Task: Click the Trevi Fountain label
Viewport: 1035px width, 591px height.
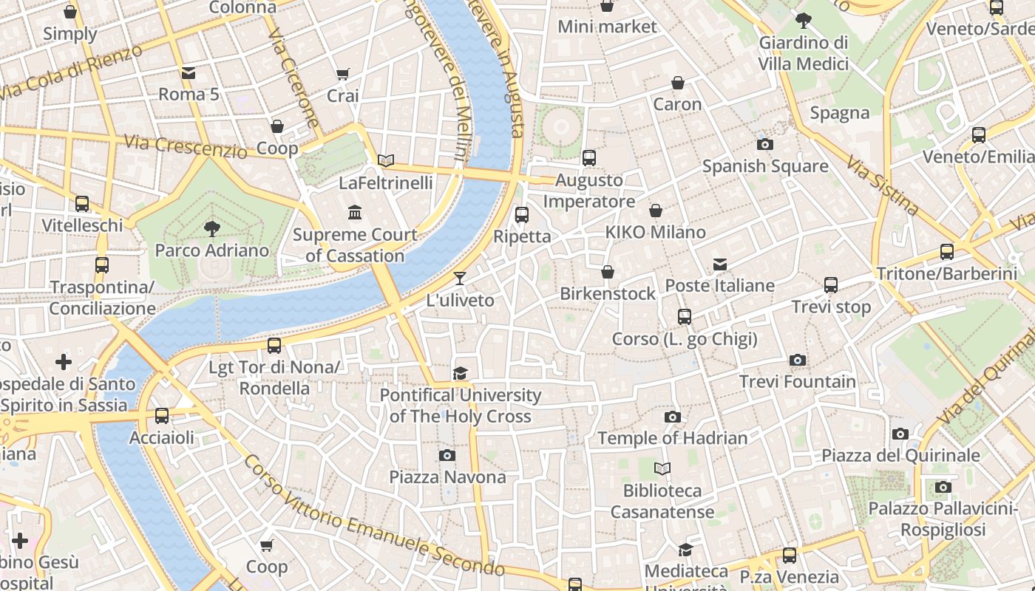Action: pyautogui.click(x=798, y=382)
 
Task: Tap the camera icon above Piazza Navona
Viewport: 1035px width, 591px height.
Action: pyautogui.click(x=447, y=455)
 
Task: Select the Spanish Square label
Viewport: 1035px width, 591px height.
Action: pyautogui.click(x=765, y=166)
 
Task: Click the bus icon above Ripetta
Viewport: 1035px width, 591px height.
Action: pyautogui.click(x=522, y=215)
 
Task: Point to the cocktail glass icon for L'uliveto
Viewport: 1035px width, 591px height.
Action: pyautogui.click(x=460, y=279)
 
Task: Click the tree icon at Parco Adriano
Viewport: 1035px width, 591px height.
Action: pyautogui.click(x=212, y=228)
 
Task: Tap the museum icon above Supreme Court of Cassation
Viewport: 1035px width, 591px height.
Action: pyautogui.click(x=355, y=213)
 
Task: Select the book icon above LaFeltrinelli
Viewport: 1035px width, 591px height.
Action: pyautogui.click(x=385, y=160)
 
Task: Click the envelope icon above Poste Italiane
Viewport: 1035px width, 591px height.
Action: pyautogui.click(x=719, y=264)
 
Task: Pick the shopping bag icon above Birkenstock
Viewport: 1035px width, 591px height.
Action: pyautogui.click(x=608, y=272)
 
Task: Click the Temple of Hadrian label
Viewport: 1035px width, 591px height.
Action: pyautogui.click(x=672, y=438)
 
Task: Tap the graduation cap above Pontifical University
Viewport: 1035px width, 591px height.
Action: pyautogui.click(x=460, y=373)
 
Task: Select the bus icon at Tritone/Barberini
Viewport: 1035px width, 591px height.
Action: pyautogui.click(x=947, y=252)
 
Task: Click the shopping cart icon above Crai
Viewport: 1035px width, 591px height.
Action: pyautogui.click(x=342, y=74)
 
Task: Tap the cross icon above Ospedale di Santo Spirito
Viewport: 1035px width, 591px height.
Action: pyautogui.click(x=64, y=362)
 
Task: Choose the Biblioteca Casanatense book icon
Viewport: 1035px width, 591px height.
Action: pyautogui.click(x=662, y=468)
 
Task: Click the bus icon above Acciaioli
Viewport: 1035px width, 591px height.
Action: pyautogui.click(x=162, y=416)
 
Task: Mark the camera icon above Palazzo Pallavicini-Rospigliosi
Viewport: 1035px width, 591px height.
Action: pyautogui.click(x=943, y=487)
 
